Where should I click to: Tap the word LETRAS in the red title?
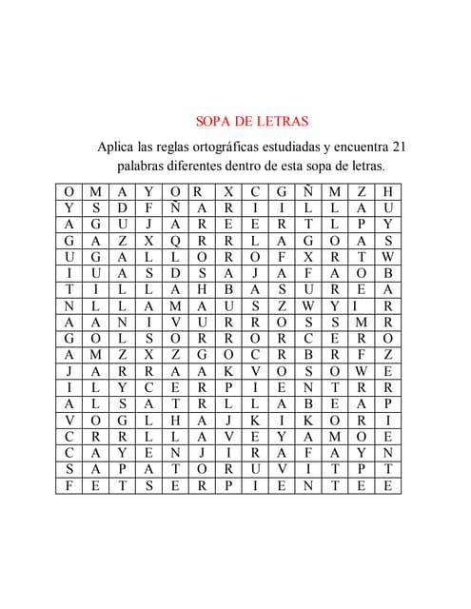pos(283,121)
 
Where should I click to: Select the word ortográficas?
pos(244,147)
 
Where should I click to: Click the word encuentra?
pos(370,147)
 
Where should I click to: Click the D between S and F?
pos(123,206)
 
